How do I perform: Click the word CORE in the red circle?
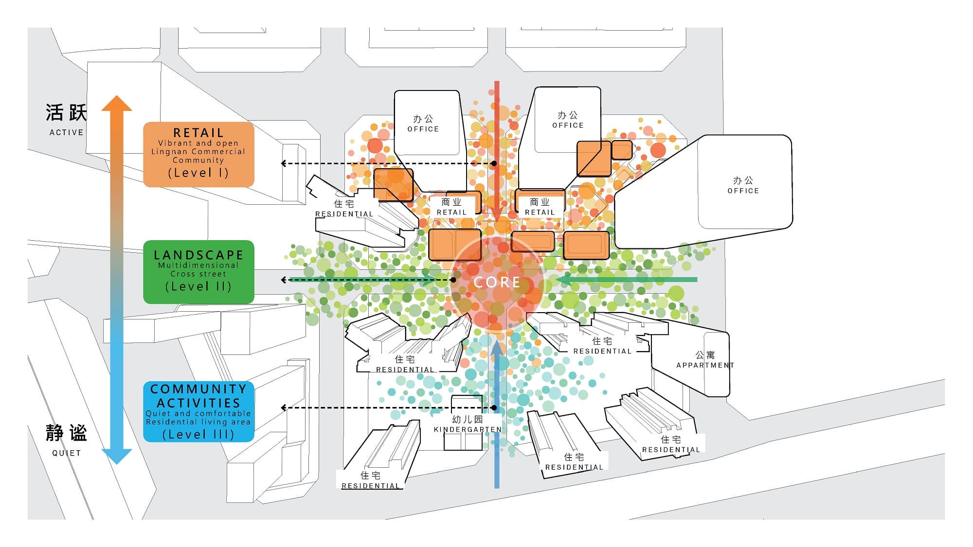(x=497, y=282)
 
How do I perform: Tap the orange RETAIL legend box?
(x=198, y=154)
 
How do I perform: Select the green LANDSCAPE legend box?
(x=198, y=272)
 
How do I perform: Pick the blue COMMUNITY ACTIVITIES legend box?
(x=198, y=411)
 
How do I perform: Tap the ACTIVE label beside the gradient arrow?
(x=67, y=132)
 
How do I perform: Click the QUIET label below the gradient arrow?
(x=67, y=453)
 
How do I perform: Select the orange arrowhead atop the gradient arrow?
(x=117, y=104)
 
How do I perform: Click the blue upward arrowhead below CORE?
(x=497, y=349)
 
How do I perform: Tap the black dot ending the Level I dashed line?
(x=494, y=163)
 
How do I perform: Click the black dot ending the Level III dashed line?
(x=494, y=408)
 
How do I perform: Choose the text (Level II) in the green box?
(x=198, y=286)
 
